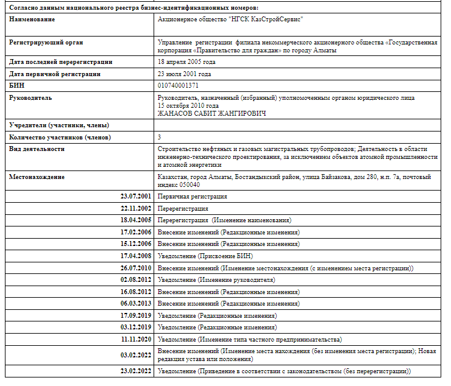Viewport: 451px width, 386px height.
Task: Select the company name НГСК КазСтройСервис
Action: click(230, 19)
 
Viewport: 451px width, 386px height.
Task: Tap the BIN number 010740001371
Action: click(178, 85)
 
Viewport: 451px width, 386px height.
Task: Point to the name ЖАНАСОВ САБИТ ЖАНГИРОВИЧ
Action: click(212, 113)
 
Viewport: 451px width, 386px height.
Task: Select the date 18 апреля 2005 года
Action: click(186, 62)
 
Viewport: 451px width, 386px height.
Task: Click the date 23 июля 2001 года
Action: click(185, 74)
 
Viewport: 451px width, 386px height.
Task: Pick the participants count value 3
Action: click(159, 137)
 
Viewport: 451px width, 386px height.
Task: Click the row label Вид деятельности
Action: click(37, 149)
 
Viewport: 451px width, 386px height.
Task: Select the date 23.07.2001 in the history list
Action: click(137, 197)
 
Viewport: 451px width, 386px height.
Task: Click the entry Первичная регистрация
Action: click(192, 197)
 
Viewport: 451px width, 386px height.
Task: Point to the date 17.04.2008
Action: click(137, 256)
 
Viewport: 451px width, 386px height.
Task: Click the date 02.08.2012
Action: click(137, 280)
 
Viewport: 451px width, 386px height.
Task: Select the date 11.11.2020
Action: click(137, 339)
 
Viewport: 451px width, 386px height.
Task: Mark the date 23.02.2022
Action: click(137, 371)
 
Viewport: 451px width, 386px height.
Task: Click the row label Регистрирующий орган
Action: click(46, 43)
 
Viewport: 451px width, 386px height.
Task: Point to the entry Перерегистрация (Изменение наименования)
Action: click(224, 220)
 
